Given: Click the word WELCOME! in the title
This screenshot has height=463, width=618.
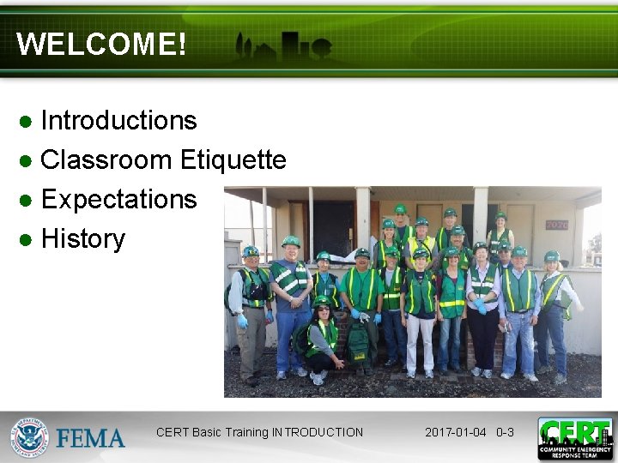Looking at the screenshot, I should point(101,45).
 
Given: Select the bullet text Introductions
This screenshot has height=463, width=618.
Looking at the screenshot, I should point(118,121).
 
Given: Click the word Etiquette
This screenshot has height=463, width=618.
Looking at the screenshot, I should point(233,160).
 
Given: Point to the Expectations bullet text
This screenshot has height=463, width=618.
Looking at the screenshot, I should point(118,200).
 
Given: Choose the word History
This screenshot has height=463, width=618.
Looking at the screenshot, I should point(82,238).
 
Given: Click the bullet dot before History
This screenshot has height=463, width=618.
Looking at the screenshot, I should point(27,239).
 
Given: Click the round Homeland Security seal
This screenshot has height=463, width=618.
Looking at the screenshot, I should point(29,437).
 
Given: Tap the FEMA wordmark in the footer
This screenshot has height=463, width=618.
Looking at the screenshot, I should point(91,438).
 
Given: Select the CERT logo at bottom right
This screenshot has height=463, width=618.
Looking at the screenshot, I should point(575,438).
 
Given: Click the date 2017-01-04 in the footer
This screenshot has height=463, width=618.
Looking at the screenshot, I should point(457,432).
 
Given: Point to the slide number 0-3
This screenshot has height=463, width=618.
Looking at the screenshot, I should point(505,432).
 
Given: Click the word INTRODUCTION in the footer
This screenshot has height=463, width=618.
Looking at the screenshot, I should point(318,432).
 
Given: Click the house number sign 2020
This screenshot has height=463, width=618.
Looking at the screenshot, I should point(557,225).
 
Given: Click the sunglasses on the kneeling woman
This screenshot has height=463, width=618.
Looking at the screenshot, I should point(321,306).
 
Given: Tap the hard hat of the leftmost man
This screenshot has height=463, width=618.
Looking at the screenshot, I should point(251,251).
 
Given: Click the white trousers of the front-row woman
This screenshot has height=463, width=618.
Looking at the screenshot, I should point(421,343).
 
